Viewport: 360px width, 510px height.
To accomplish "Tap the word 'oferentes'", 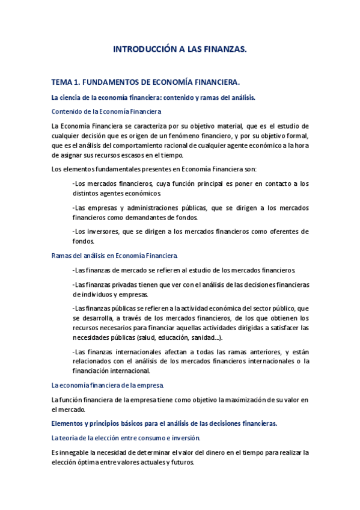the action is click(282, 232).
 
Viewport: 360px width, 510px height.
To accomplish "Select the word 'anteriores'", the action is click(256, 352).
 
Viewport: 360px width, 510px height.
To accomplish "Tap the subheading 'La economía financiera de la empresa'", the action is click(108, 385).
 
